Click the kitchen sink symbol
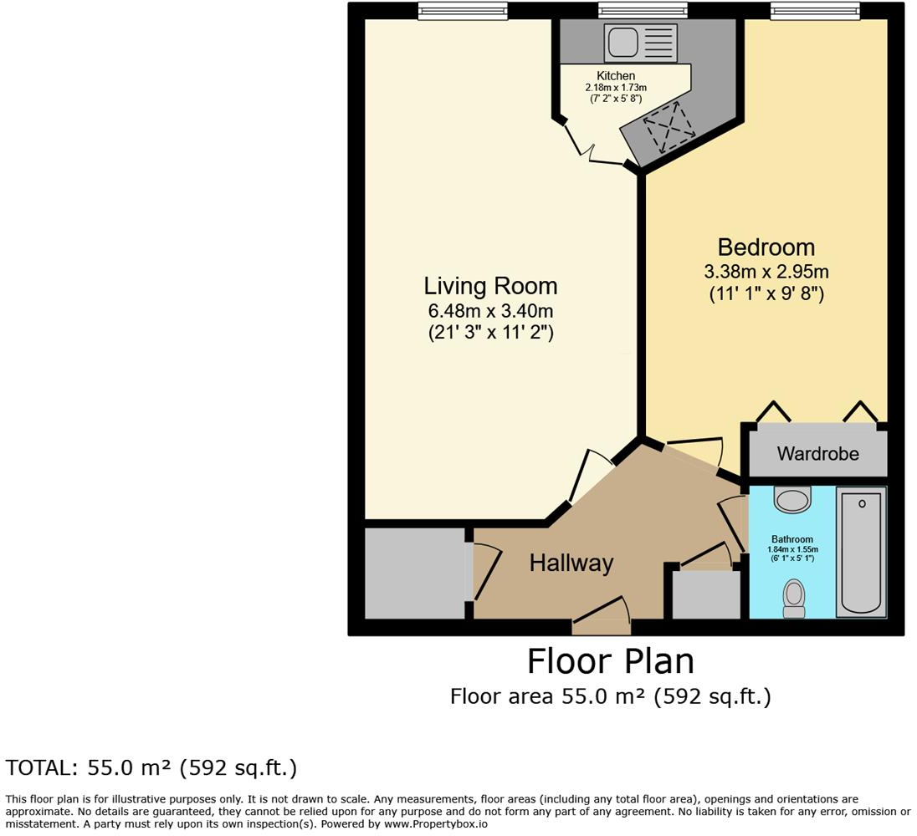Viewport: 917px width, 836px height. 641,40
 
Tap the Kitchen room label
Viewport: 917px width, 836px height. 616,76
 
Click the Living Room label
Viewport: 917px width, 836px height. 490,286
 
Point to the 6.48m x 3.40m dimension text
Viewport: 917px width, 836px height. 490,311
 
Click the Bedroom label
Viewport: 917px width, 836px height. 766,247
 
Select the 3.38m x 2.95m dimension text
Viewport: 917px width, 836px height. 766,272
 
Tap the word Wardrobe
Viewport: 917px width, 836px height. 817,454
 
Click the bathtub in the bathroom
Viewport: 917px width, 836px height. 862,552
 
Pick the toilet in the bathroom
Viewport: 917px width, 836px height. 793,599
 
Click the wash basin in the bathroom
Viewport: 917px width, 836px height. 791,500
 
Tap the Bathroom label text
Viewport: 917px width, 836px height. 791,539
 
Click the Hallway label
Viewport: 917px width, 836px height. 571,563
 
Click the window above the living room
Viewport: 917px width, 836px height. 463,10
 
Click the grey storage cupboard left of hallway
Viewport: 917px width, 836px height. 414,573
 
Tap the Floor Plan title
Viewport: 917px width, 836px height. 610,661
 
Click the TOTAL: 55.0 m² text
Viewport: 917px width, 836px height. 151,767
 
